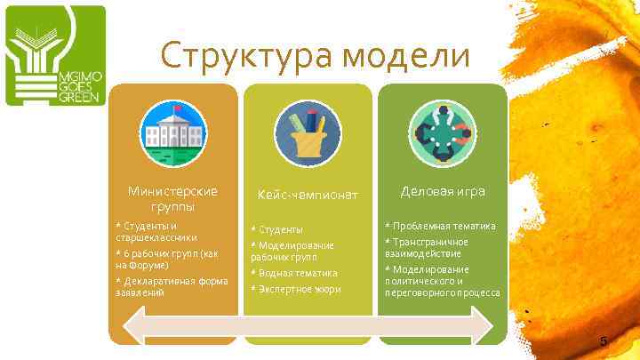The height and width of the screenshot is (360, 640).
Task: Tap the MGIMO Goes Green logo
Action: click(x=56, y=55)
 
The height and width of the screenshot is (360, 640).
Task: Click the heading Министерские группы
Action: click(x=172, y=198)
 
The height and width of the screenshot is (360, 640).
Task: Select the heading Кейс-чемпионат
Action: click(x=307, y=194)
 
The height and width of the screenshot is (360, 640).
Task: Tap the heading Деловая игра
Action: click(x=443, y=191)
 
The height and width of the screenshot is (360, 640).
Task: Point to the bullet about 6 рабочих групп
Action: click(x=166, y=259)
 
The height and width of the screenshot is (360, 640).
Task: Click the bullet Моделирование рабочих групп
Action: click(x=292, y=251)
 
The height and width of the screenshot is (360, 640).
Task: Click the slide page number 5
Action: click(x=603, y=342)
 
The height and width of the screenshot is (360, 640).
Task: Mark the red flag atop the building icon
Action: click(x=176, y=109)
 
